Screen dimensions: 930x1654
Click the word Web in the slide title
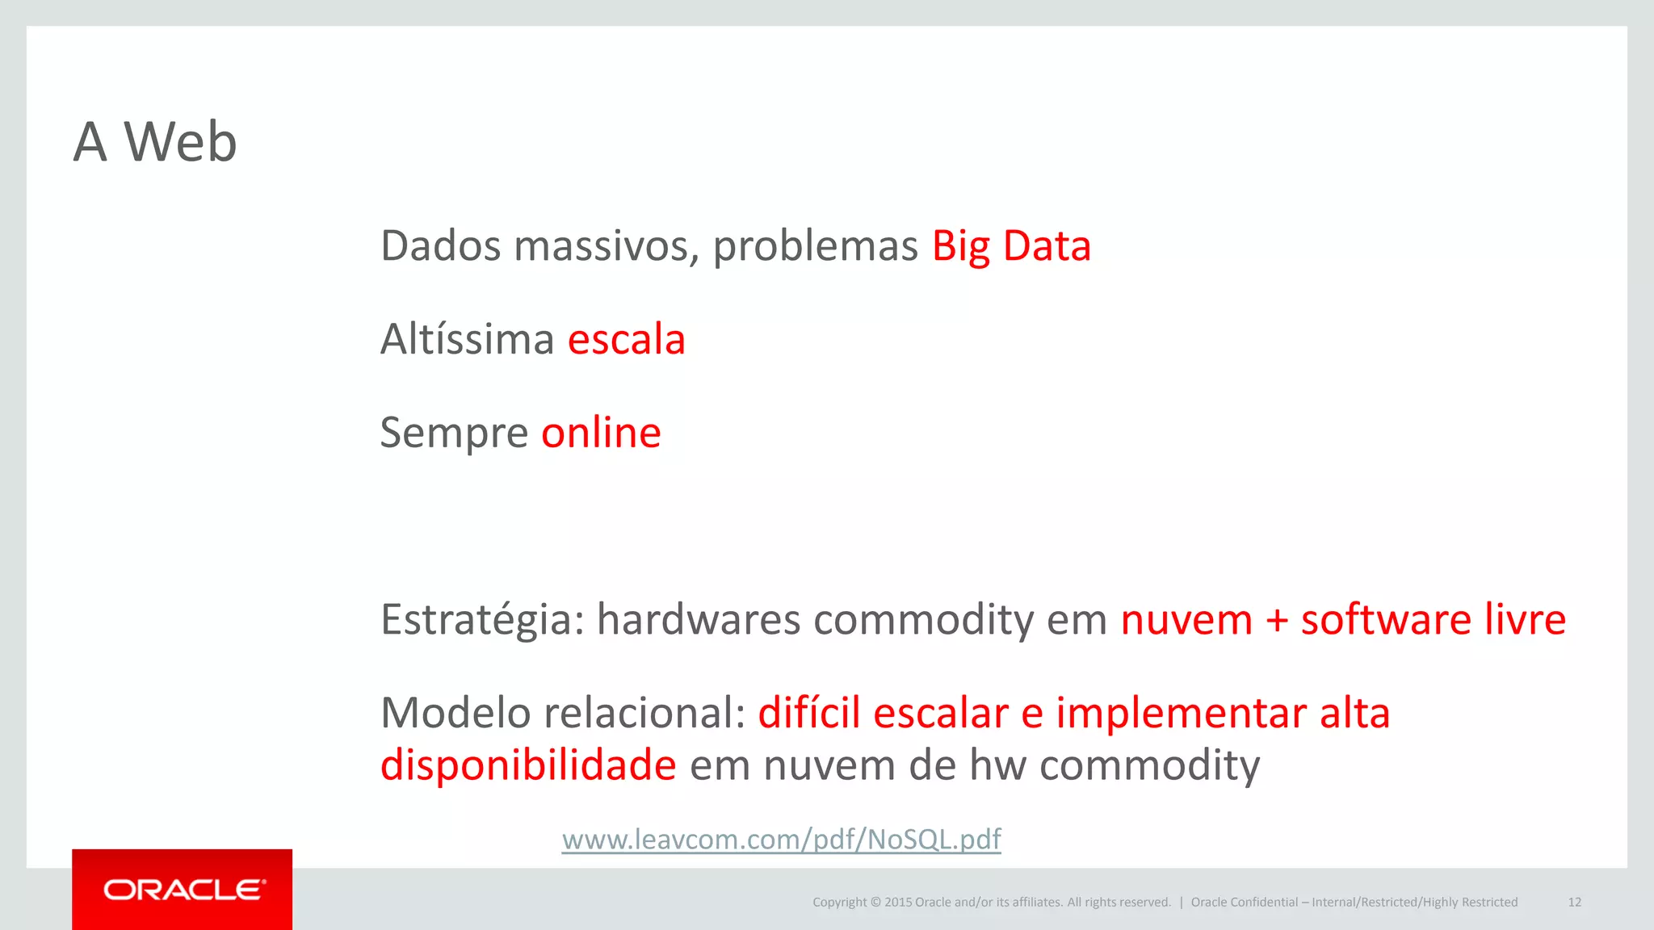pyautogui.click(x=180, y=142)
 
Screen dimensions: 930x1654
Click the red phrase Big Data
pyautogui.click(x=1011, y=246)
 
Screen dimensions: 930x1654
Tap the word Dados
pyautogui.click(x=440, y=246)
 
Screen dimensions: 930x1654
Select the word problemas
pyautogui.click(x=815, y=246)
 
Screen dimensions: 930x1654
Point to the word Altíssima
pyautogui.click(x=467, y=339)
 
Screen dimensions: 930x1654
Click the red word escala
pyautogui.click(x=626, y=339)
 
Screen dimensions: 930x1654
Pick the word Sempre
pyautogui.click(x=454, y=434)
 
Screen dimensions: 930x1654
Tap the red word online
pyautogui.click(x=601, y=433)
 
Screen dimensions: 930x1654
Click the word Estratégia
pyautogui.click(x=481, y=621)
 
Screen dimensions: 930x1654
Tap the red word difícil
pyautogui.click(x=809, y=714)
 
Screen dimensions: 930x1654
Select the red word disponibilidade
pyautogui.click(x=528, y=765)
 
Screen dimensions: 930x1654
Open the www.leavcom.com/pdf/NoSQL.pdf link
pyautogui.click(x=781, y=840)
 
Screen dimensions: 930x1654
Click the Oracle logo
pyautogui.click(x=183, y=890)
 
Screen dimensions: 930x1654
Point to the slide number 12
pyautogui.click(x=1574, y=903)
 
